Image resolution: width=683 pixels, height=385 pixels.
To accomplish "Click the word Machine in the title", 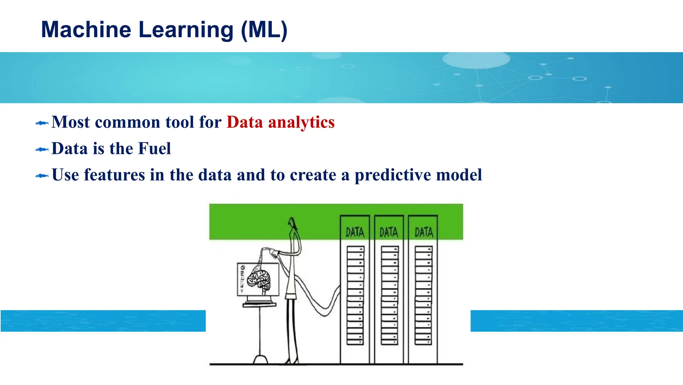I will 86,30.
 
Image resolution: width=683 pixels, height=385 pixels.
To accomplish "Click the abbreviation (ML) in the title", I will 264,30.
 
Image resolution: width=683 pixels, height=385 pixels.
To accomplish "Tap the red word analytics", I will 301,122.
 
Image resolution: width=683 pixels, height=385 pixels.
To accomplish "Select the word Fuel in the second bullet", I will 154,149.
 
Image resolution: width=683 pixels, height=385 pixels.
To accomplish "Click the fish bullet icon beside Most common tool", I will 42,123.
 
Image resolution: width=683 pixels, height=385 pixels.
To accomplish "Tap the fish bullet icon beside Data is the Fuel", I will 42,150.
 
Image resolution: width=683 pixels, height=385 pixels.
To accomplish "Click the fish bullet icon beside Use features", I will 42,176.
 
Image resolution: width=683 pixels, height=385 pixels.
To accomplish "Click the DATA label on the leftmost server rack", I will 355,232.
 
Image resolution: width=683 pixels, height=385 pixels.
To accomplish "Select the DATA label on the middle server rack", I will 389,232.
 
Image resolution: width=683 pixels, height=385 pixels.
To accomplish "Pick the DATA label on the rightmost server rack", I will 424,232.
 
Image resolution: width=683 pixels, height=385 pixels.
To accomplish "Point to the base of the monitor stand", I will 260,360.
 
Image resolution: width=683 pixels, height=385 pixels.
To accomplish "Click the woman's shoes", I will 291,361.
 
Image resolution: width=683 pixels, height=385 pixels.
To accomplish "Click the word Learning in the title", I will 186,30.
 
